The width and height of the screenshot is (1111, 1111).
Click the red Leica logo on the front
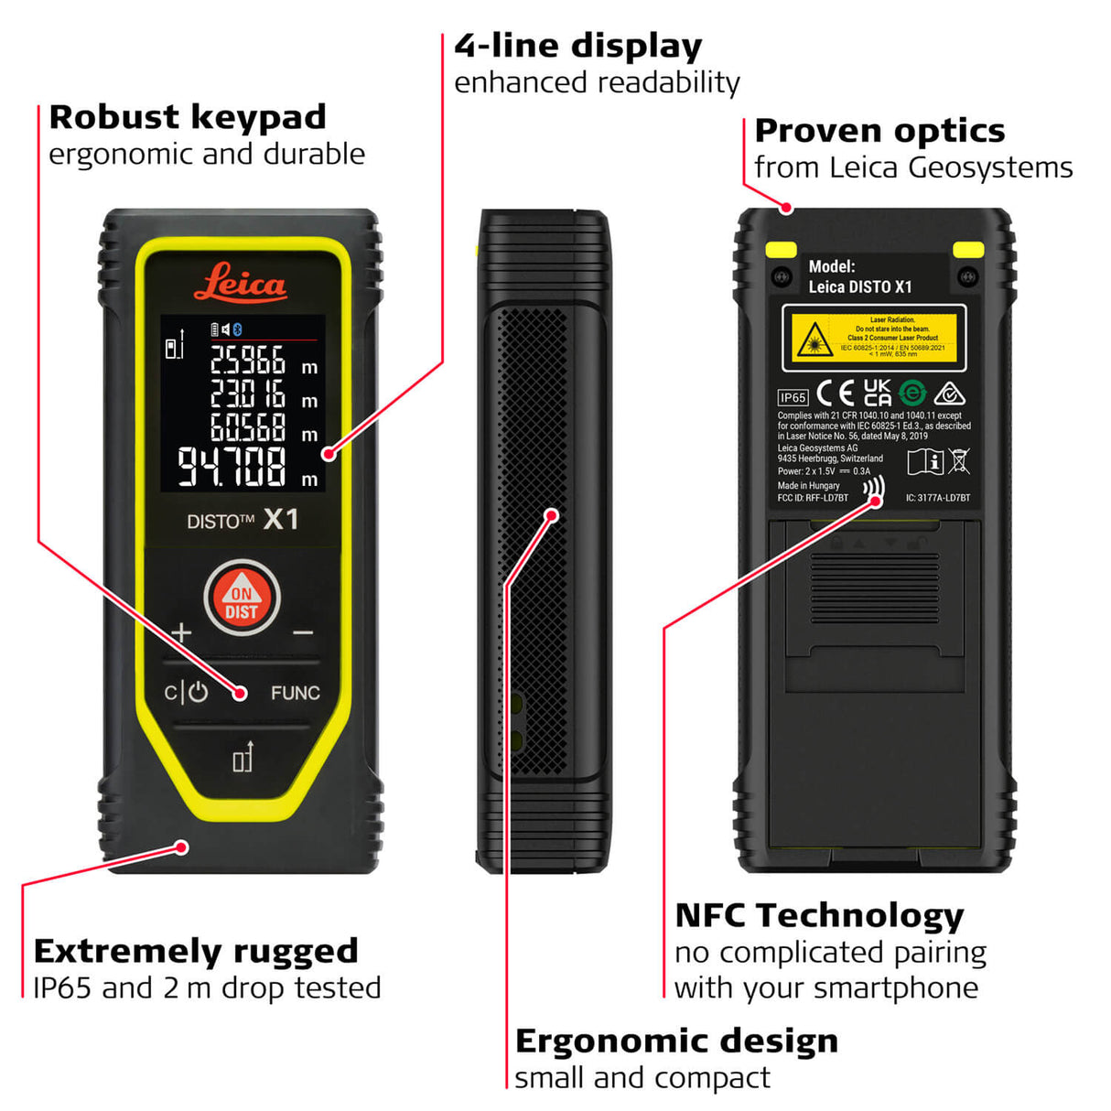(241, 283)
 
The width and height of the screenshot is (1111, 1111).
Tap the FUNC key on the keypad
(295, 693)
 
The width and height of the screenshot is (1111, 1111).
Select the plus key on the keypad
(181, 632)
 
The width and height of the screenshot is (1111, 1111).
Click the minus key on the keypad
(302, 632)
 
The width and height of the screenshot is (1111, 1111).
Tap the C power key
(186, 693)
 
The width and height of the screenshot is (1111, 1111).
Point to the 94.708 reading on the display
(232, 467)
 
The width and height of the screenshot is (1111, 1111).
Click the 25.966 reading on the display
(248, 361)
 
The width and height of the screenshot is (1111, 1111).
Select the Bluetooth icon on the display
(238, 329)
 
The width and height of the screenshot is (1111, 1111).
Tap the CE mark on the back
(836, 394)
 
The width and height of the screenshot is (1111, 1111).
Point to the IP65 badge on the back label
(793, 397)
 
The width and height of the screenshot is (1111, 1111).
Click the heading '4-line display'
(578, 46)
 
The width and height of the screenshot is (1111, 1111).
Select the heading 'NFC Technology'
(819, 915)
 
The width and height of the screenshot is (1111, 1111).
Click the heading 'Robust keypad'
(188, 117)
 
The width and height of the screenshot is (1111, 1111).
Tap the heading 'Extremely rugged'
(196, 951)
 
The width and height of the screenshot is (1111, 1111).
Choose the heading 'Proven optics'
(879, 131)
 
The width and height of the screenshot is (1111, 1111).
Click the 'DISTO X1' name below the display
(243, 520)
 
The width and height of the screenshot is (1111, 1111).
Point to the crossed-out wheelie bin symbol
(959, 461)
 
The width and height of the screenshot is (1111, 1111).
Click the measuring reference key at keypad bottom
(242, 758)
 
